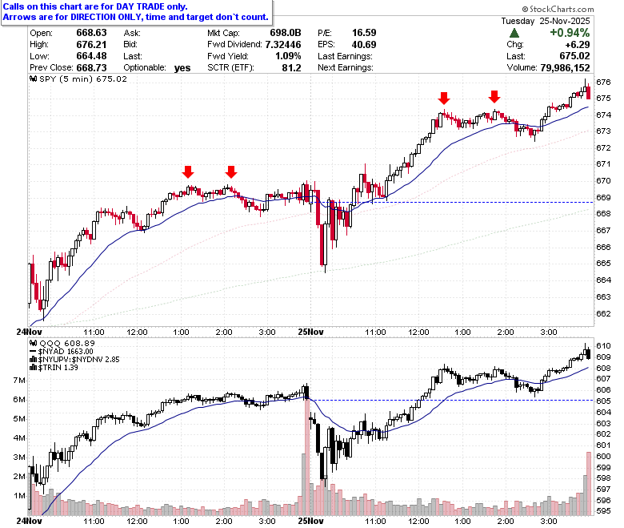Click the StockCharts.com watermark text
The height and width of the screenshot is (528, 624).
(x=558, y=9)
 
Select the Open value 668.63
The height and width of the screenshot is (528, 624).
(x=91, y=33)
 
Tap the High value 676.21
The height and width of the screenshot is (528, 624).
(x=91, y=45)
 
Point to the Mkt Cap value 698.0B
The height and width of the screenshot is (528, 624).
(x=286, y=33)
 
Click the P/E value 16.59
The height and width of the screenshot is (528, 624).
(x=364, y=33)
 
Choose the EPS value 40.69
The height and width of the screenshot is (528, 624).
(x=364, y=45)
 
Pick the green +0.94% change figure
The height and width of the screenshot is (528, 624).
(x=570, y=33)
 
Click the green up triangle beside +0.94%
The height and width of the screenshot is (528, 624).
(x=514, y=33)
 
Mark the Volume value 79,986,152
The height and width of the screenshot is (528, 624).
(x=565, y=68)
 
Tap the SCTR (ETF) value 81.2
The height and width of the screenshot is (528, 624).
(x=292, y=68)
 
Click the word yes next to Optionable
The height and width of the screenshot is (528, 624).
(x=182, y=68)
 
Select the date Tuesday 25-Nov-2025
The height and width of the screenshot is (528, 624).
(x=546, y=21)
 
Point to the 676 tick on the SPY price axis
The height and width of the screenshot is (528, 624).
(x=603, y=82)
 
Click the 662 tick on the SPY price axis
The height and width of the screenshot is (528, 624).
(x=603, y=313)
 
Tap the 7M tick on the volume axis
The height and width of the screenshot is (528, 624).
(x=19, y=381)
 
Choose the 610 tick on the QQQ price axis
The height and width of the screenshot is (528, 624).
(x=603, y=346)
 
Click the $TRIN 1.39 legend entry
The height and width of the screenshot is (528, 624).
(x=54, y=368)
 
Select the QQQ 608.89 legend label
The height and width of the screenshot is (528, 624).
(x=62, y=344)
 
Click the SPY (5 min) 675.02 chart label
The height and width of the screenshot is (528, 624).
(x=78, y=79)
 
